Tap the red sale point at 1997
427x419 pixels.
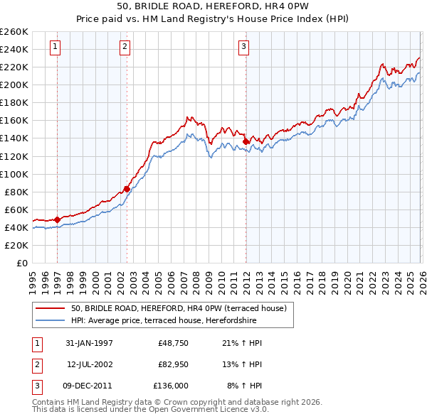tap(57, 219)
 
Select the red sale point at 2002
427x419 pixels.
tap(127, 189)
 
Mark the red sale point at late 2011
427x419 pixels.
tap(246, 141)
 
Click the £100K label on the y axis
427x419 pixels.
tap(14, 174)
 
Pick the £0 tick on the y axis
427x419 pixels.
tap(21, 263)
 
